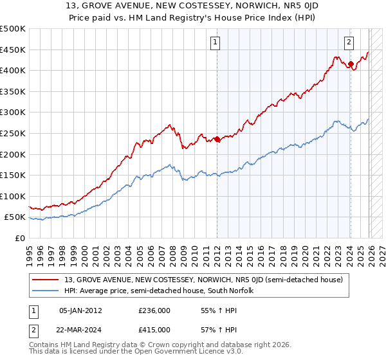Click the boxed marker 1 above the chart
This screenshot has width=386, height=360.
[x=214, y=43]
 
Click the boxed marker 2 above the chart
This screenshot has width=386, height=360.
[x=349, y=43]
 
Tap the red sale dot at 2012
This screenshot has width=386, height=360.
[x=217, y=139]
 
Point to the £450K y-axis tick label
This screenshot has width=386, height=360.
[x=13, y=50]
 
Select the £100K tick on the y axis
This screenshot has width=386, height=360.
[x=13, y=196]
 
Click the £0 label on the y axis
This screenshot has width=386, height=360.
[x=19, y=238]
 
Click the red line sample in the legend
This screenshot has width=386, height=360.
[x=46, y=280]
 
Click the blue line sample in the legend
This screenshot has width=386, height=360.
[x=46, y=291]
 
